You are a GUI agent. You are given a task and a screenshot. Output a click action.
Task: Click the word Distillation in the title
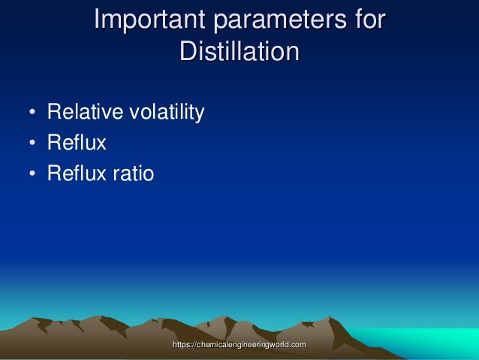click(239, 52)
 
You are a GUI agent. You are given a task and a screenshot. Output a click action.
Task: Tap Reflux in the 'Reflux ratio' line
click(77, 174)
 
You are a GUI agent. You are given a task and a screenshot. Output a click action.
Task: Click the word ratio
click(132, 174)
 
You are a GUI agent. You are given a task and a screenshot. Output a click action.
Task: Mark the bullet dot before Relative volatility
click(32, 114)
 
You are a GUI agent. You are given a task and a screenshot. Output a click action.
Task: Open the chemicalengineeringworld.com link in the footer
click(239, 343)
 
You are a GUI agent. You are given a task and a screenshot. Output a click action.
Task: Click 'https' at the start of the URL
click(183, 343)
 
